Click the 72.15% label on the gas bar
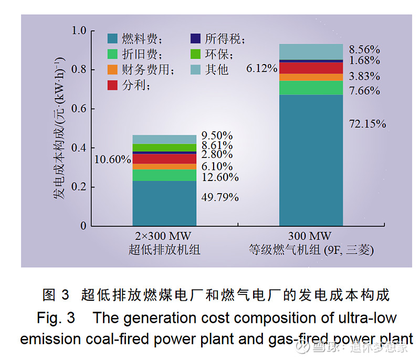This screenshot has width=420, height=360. [x=367, y=124]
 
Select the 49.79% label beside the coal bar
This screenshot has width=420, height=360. [x=220, y=197]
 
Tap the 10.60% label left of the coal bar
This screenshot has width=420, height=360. [x=112, y=159]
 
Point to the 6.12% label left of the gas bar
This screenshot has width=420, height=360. [x=262, y=68]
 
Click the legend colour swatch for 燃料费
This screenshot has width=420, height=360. [x=112, y=38]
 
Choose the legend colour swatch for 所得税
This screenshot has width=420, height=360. [x=195, y=38]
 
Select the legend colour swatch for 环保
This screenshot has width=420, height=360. [x=195, y=54]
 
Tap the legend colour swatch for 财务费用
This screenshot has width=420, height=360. [x=112, y=69]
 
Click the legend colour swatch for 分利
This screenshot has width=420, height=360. [x=112, y=85]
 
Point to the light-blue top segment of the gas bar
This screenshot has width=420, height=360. [x=311, y=52]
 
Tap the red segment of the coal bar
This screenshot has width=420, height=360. [x=164, y=158]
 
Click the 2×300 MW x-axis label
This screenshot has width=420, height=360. [x=164, y=236]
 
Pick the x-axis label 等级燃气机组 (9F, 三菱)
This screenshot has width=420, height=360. [x=311, y=250]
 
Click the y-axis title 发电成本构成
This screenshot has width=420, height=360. [x=59, y=129]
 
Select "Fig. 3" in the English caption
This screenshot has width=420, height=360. [x=56, y=318]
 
